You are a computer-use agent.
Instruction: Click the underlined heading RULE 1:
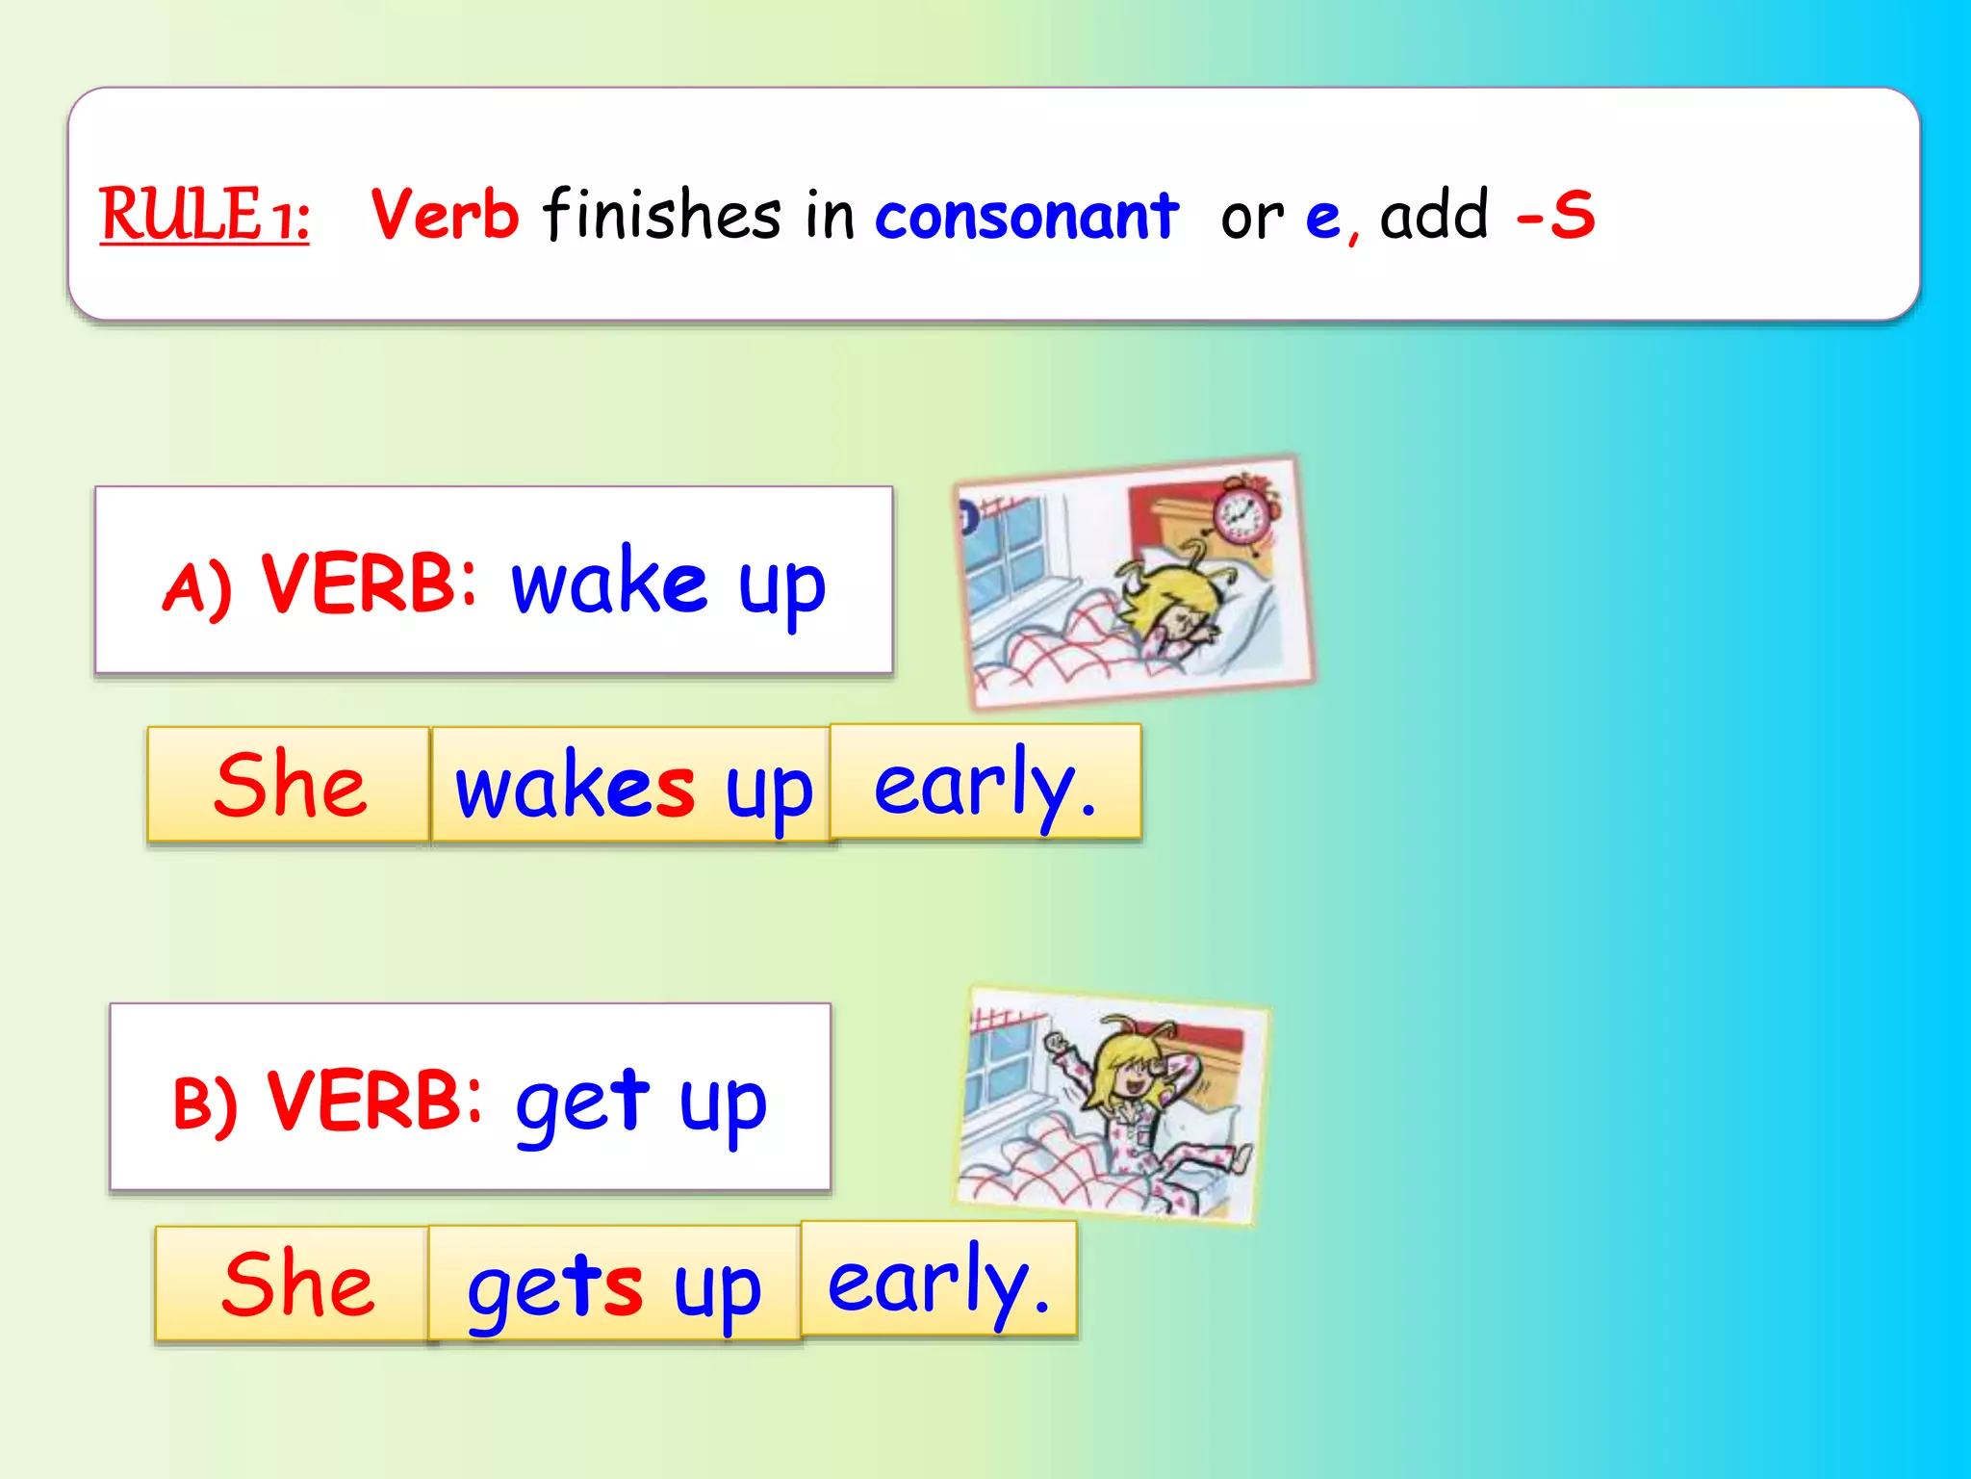[x=204, y=214]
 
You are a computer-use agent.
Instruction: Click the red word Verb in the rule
[x=445, y=214]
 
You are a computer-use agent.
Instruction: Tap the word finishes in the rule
[x=662, y=214]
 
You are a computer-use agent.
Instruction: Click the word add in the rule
[x=1434, y=214]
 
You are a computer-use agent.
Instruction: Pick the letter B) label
[x=204, y=1103]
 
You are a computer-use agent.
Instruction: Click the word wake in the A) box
[x=608, y=582]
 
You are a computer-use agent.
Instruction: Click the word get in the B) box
[x=582, y=1103]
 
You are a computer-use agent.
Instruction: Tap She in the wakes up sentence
[x=289, y=785]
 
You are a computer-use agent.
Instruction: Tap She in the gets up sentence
[x=296, y=1284]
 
